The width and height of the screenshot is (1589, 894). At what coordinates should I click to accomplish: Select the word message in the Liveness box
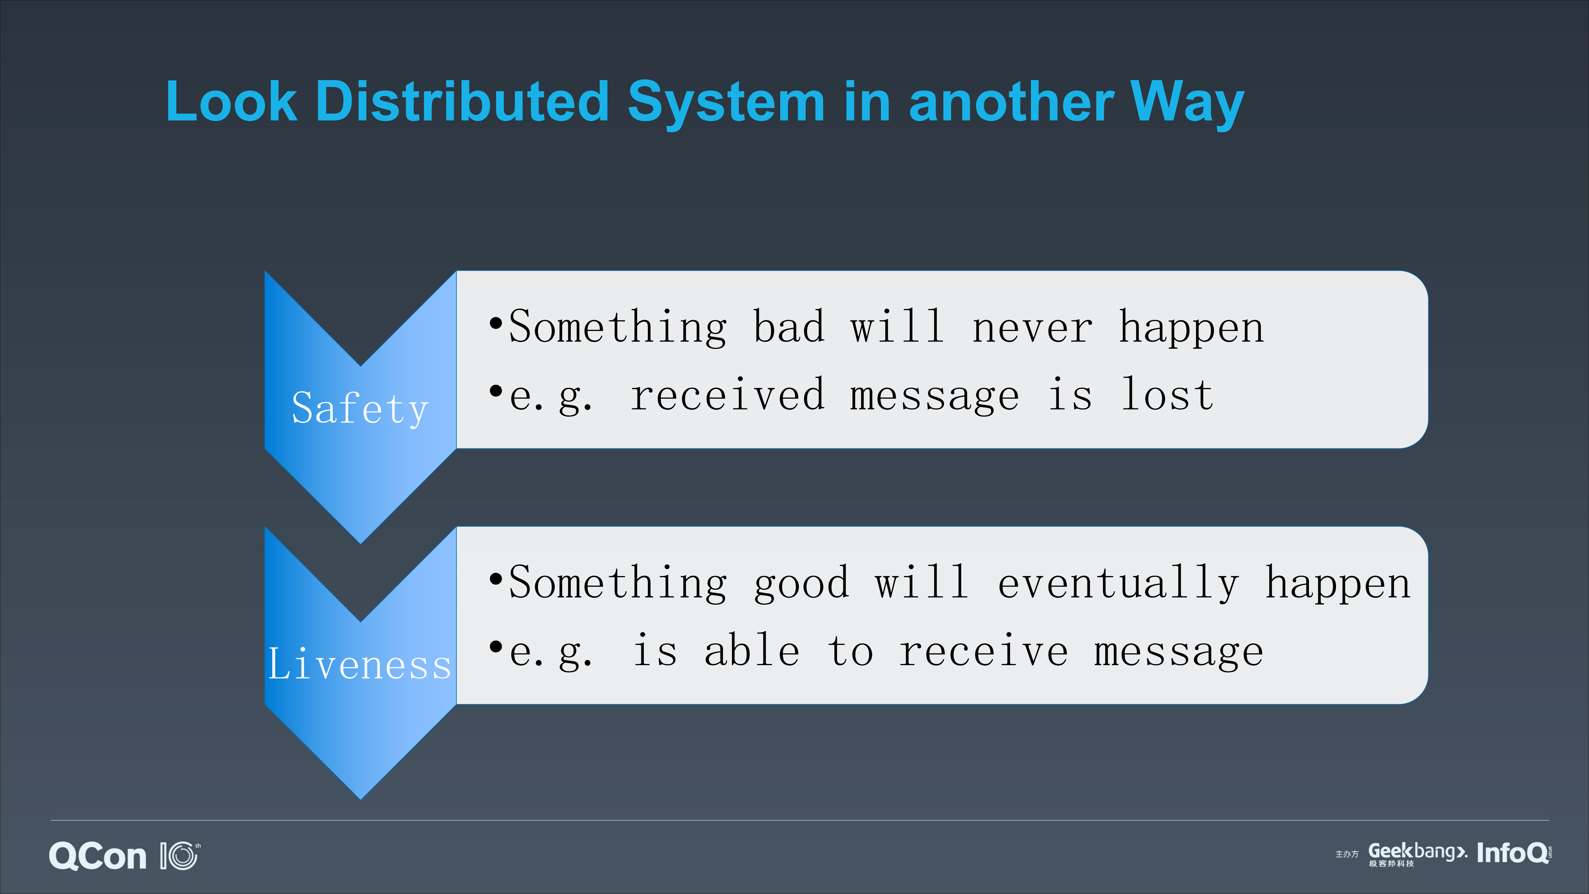coord(1178,652)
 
